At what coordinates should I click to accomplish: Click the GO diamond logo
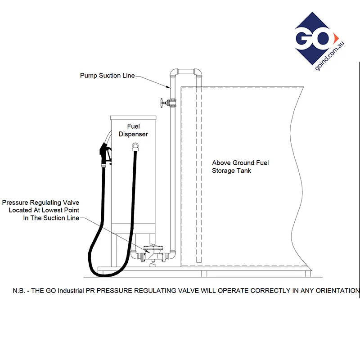click(316, 39)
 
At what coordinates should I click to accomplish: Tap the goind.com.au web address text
click(330, 56)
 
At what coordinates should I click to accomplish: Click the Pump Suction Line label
click(107, 76)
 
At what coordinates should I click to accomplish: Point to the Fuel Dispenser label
click(133, 130)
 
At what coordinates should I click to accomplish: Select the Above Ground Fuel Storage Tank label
click(240, 166)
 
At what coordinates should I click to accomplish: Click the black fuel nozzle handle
click(106, 154)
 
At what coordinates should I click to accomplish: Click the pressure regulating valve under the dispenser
click(153, 254)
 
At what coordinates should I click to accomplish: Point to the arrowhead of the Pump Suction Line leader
click(169, 87)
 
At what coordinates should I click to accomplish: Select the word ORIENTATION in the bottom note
click(337, 291)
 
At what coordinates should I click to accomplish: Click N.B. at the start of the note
click(18, 291)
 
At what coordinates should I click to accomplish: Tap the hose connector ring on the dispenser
click(135, 147)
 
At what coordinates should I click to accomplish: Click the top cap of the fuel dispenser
click(133, 118)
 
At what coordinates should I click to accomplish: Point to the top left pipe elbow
click(174, 72)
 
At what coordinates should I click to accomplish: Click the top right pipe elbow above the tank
click(198, 72)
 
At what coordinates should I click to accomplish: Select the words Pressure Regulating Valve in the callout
click(40, 202)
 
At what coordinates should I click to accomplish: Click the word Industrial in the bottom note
click(71, 291)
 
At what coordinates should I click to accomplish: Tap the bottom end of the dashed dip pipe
click(199, 262)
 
